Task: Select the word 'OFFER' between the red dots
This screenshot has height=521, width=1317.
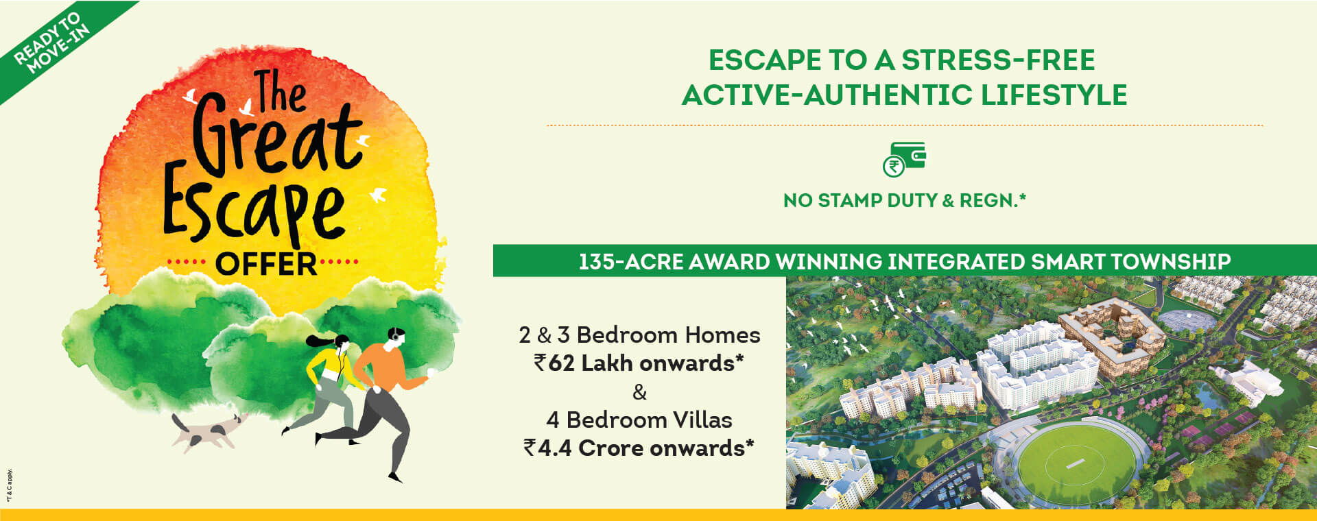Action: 266,264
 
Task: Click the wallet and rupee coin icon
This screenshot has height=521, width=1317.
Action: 904,159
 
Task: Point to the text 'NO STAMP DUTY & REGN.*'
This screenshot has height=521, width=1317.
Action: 904,200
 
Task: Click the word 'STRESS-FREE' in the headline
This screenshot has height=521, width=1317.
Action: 998,60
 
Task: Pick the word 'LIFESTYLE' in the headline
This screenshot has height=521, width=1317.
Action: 1054,95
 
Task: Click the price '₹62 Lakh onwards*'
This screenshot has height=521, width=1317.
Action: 639,363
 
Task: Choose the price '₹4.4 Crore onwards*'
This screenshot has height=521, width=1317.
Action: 639,448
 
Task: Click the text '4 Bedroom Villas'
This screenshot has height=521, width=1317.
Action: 639,420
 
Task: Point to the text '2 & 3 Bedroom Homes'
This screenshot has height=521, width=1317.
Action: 639,335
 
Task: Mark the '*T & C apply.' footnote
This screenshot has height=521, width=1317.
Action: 10,485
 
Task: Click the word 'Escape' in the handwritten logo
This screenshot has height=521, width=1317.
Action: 254,209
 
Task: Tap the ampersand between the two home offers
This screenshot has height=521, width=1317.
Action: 639,392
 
